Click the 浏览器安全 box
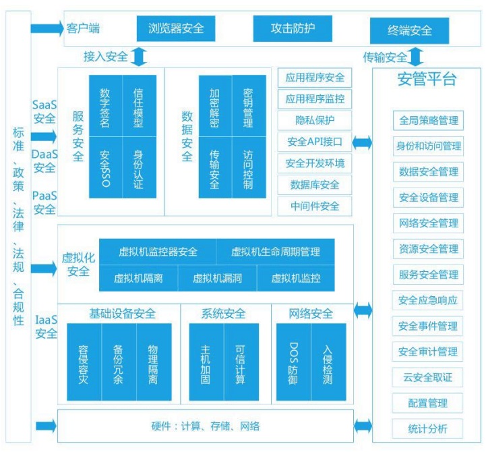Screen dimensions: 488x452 coord(176,28)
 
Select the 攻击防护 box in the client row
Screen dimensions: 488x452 coord(293,28)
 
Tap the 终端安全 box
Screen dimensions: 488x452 coord(409,30)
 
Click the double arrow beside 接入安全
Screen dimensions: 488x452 coord(138,57)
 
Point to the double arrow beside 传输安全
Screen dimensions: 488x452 coord(415,57)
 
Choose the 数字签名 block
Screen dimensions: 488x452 coord(106,106)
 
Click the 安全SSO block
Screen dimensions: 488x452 coord(106,167)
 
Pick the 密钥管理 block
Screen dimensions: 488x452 coord(249,106)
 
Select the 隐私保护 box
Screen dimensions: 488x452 coord(315,120)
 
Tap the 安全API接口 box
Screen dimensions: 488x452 coord(315,142)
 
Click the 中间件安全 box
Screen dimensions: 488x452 coord(315,206)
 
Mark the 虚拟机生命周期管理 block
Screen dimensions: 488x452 coord(276,252)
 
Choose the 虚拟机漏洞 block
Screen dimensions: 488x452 coord(217,278)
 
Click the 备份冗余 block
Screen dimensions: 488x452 coord(119,362)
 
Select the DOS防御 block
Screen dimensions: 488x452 coord(293,362)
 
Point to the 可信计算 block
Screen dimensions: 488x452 coord(241,362)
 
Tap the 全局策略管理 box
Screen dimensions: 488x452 coord(428,120)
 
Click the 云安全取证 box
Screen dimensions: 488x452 coord(427,377)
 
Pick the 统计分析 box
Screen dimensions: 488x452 coord(427,428)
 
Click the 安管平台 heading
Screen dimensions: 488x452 coord(427,79)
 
